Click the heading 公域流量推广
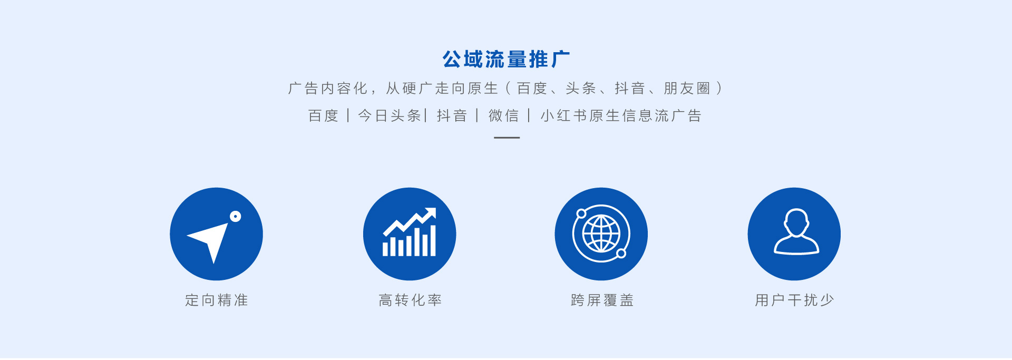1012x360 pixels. point(506,59)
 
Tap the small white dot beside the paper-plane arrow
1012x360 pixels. point(236,216)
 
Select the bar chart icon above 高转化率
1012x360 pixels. point(410,232)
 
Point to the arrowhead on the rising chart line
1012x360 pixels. point(430,212)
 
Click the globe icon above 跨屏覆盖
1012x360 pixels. point(601,233)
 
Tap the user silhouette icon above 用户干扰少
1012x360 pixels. point(796,232)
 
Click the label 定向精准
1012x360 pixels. point(217,300)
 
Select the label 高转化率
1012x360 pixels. point(410,300)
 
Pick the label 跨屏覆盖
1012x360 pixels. point(602,300)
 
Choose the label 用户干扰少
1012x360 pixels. point(794,300)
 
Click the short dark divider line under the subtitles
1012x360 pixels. point(507,138)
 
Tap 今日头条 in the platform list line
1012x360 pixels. point(390,115)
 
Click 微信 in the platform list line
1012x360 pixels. point(503,115)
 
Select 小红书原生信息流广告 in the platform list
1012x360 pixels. point(621,115)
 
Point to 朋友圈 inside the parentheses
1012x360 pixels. point(687,88)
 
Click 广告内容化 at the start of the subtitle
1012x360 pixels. point(328,88)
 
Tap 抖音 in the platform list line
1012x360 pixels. point(452,115)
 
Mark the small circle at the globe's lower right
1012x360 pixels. point(621,254)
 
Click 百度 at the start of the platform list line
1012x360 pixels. point(323,115)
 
